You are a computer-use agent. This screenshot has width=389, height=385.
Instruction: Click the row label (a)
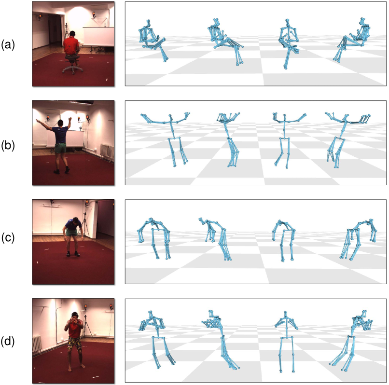pos(8,45)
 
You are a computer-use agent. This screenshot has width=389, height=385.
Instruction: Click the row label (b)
pos(8,145)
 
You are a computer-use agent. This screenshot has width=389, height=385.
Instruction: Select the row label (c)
pos(8,238)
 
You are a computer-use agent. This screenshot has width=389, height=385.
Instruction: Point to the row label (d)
pos(8,341)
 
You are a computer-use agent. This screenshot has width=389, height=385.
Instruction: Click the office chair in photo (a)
pos(72,63)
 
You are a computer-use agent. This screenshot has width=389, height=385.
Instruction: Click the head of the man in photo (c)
pos(76,220)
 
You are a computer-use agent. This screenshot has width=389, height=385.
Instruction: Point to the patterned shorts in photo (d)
pos(75,343)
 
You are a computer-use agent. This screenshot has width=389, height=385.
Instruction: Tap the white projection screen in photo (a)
pos(98,36)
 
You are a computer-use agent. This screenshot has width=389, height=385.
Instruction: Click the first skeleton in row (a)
pos(152,41)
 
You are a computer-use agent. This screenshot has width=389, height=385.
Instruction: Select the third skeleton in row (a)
pos(288,43)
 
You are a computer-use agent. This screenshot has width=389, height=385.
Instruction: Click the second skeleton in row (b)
pos(229,139)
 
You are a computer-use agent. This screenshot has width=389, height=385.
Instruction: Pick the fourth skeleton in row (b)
pos(347,140)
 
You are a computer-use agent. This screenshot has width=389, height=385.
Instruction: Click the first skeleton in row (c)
pos(154,238)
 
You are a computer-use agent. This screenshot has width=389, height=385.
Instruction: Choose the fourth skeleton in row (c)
pos(359,239)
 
